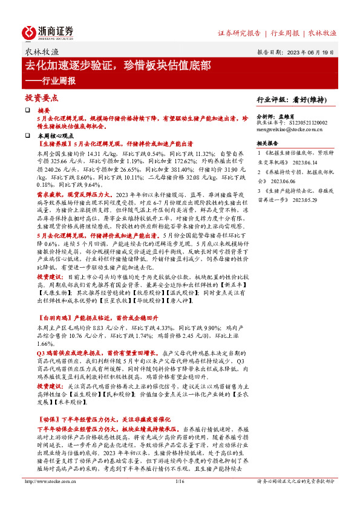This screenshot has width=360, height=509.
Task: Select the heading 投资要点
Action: [41, 97]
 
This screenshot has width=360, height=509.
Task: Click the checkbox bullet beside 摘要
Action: [27, 111]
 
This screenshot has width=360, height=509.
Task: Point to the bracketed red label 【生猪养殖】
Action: [54, 145]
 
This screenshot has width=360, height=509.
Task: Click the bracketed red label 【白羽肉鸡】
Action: [54, 316]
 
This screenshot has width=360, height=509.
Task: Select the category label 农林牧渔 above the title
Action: [42, 53]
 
